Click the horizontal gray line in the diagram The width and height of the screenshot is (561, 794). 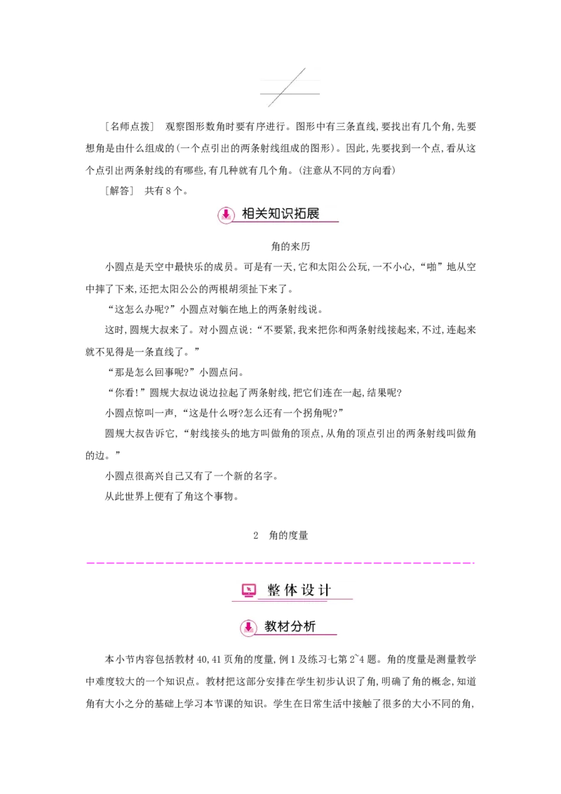(x=309, y=93)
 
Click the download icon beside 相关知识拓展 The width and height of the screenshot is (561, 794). (x=226, y=215)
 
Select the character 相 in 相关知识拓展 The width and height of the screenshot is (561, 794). (x=249, y=213)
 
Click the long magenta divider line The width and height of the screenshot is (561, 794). (x=280, y=563)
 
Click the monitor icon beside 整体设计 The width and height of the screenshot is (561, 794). (x=248, y=591)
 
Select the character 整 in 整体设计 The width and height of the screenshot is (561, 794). (x=273, y=590)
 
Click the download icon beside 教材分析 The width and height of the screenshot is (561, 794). (x=248, y=627)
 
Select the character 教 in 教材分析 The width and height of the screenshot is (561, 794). (x=271, y=626)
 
